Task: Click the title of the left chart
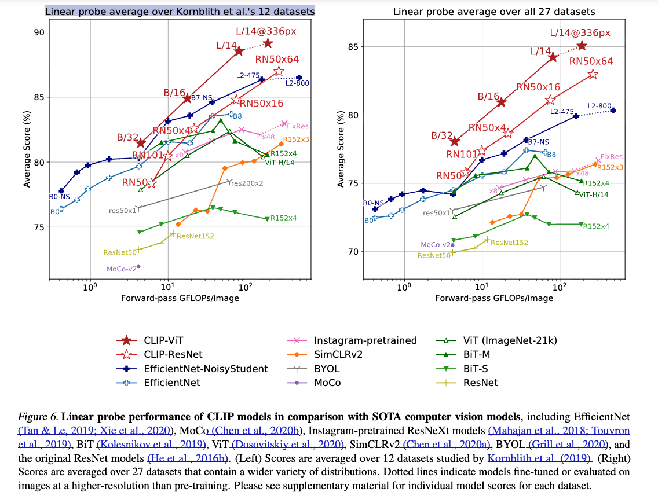click(x=180, y=11)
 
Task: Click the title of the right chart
click(x=494, y=12)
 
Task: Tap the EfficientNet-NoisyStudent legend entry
click(x=206, y=369)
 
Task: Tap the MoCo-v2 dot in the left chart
click(x=139, y=266)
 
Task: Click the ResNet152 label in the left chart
click(x=196, y=236)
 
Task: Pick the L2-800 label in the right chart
click(x=599, y=106)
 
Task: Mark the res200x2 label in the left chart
click(x=247, y=183)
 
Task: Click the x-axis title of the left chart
click(x=180, y=298)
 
